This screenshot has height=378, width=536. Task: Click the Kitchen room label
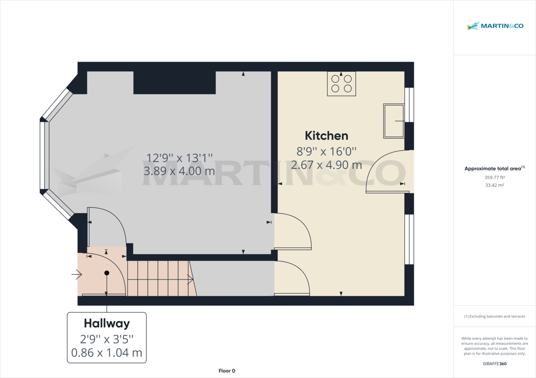[x=326, y=136]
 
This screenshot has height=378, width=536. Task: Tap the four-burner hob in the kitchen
[x=341, y=83]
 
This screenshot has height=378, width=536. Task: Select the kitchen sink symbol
[x=393, y=121]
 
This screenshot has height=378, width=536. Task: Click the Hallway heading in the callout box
[x=107, y=323]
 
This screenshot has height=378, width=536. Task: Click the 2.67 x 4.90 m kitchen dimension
[x=326, y=165]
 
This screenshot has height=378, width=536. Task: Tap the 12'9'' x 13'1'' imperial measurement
[x=180, y=157]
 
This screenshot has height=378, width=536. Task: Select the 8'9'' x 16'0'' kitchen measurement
[x=326, y=151]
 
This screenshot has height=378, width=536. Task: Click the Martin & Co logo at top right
[x=494, y=26]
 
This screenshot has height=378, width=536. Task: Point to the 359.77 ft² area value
[x=494, y=177]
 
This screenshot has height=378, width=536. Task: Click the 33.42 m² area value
[x=494, y=185]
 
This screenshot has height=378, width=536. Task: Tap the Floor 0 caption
[x=226, y=371]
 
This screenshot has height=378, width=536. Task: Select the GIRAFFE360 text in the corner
[x=494, y=364]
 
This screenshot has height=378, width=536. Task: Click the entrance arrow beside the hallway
[x=76, y=275]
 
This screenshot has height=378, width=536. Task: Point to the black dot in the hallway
[x=106, y=273]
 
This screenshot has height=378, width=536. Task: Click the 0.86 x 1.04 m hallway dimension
[x=107, y=353]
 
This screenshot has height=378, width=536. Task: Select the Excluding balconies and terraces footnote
[x=494, y=316]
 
